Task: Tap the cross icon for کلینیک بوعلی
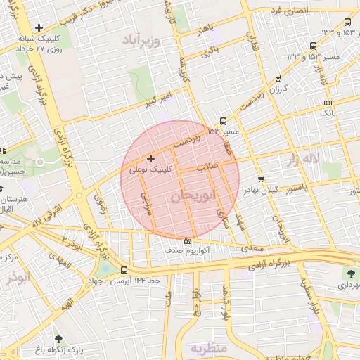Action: click(x=151, y=158)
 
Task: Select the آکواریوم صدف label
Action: click(x=185, y=250)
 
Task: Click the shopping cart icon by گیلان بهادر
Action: click(x=260, y=179)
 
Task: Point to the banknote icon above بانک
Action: click(x=328, y=103)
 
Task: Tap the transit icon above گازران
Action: click(x=278, y=78)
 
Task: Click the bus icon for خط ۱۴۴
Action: click(x=124, y=270)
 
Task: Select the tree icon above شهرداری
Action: click(x=350, y=274)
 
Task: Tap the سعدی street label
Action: click(x=252, y=247)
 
